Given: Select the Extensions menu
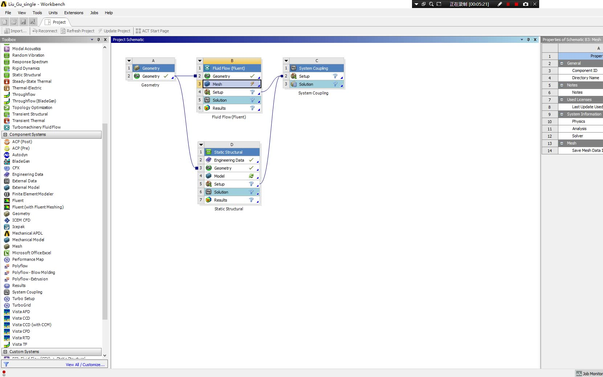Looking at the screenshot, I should [x=74, y=13].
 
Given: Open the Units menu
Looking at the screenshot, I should [x=53, y=13].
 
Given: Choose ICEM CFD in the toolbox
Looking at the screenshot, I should [x=21, y=220].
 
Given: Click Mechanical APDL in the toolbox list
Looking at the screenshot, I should [x=27, y=233].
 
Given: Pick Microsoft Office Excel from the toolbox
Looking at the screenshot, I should [x=32, y=253].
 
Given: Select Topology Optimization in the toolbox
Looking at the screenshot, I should [x=32, y=108].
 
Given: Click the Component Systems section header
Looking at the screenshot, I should [x=28, y=134].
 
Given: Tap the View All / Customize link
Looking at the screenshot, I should [x=85, y=365].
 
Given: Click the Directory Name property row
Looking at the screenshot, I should [x=585, y=78].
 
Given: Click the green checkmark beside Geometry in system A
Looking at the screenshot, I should [x=166, y=76].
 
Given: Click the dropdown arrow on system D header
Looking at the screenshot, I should [x=201, y=145].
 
